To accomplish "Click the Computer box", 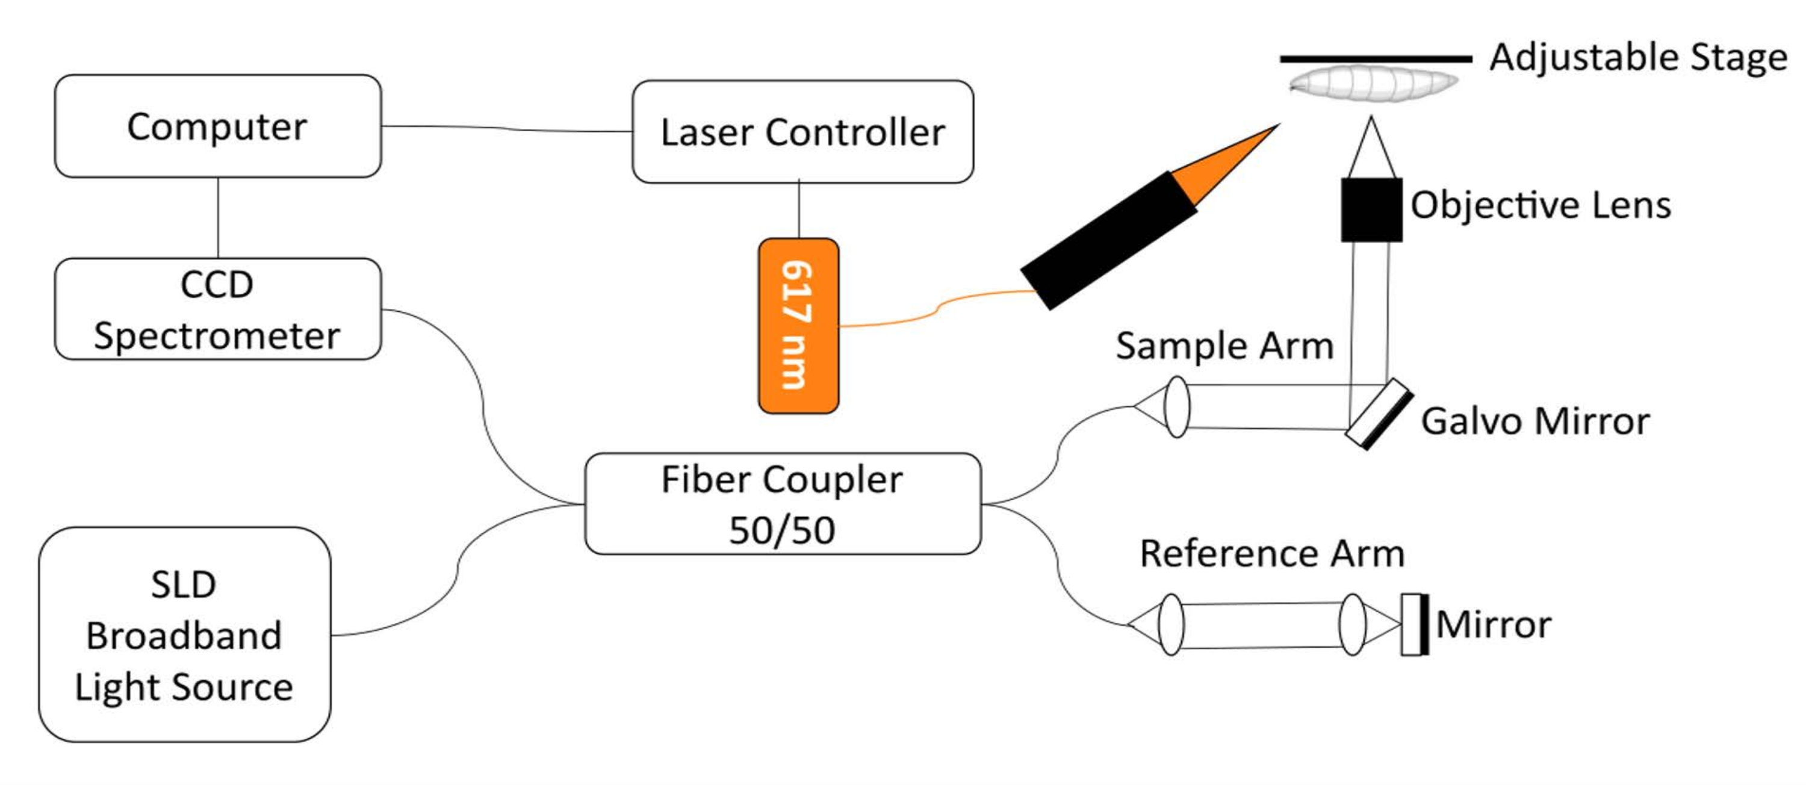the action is coord(218,126).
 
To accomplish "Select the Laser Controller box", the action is coord(802,132).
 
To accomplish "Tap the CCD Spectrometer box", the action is coord(218,309).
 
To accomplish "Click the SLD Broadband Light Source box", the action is coord(184,635).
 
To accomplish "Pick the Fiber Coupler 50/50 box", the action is coord(783,504).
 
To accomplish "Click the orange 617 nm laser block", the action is coord(798,326).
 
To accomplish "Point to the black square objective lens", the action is coord(1371,209).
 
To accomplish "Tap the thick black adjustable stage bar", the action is coord(1376,60).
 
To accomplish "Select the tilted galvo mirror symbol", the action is coord(1379,414).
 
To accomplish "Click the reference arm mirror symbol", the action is coord(1415,624).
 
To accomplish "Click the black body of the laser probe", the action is coord(1109,240).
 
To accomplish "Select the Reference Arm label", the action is coord(1273,553).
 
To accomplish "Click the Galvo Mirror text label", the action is coord(1535,421).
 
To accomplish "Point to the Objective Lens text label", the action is coord(1541,205).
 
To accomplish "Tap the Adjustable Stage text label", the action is coord(1639,57).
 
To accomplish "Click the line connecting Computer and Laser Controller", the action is coord(507,129).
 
